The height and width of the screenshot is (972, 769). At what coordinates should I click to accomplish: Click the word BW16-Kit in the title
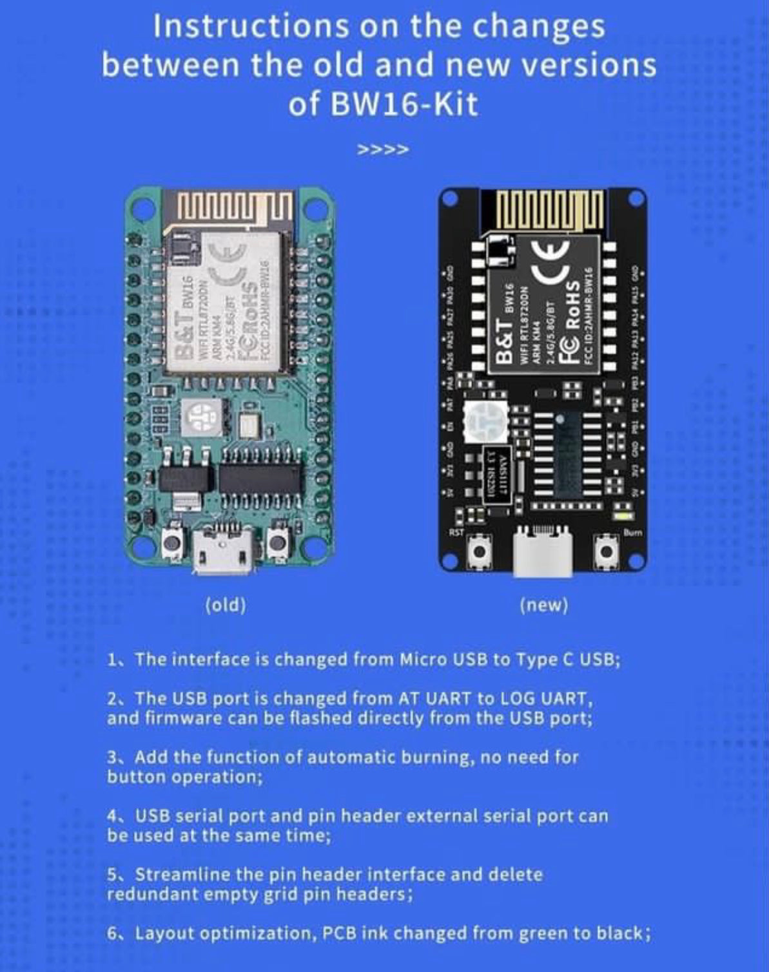[404, 104]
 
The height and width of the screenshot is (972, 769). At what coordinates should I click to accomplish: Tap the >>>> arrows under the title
[383, 151]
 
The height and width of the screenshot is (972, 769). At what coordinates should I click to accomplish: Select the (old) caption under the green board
[226, 605]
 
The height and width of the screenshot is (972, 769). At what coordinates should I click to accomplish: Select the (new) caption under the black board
[544, 605]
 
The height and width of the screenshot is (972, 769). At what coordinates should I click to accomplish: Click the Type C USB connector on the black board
[543, 553]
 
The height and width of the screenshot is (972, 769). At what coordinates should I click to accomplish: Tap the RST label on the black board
[456, 532]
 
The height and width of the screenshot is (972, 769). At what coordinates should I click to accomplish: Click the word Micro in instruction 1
[420, 660]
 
